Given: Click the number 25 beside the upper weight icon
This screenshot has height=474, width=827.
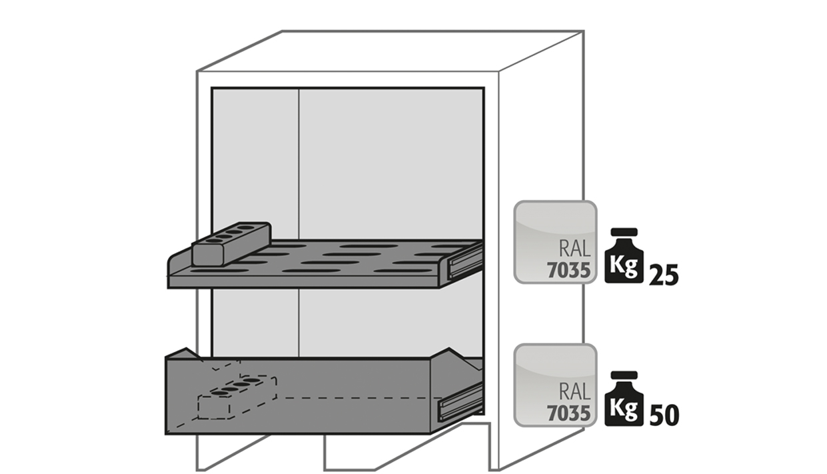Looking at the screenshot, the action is click(x=664, y=275).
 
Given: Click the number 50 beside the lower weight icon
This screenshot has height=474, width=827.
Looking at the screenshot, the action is click(x=664, y=415).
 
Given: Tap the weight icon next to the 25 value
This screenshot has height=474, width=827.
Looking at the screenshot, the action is click(x=624, y=255).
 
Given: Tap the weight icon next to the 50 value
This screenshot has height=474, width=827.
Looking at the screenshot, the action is click(x=624, y=399).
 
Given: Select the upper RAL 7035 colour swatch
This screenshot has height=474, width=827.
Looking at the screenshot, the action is click(x=555, y=243).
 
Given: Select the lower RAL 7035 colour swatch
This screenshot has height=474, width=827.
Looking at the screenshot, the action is click(x=555, y=385).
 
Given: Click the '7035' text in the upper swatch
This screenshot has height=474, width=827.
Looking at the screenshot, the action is click(x=568, y=271).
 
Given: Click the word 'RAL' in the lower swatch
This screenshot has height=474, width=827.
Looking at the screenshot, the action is click(x=575, y=392).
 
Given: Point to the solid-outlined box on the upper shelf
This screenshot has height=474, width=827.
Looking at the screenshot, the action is click(x=231, y=244).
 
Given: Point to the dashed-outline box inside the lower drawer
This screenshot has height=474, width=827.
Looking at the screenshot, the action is click(x=237, y=397).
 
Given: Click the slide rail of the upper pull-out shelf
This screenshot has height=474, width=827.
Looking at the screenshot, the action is click(x=465, y=261).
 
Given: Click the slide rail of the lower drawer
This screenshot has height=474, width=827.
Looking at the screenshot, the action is click(x=460, y=402).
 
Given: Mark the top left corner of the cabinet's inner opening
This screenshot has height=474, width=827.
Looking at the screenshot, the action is click(x=212, y=88).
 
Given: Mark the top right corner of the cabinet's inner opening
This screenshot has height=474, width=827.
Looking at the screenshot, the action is click(x=484, y=88).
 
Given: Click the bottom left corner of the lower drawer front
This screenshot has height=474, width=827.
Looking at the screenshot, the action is click(x=166, y=434).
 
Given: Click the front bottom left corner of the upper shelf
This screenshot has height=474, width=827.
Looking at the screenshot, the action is click(x=169, y=288).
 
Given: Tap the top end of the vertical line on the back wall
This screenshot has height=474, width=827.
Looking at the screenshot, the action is click(x=299, y=89).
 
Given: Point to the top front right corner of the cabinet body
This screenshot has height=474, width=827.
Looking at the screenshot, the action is click(x=499, y=71).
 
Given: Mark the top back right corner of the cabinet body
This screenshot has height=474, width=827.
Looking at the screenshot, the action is click(x=584, y=31).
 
